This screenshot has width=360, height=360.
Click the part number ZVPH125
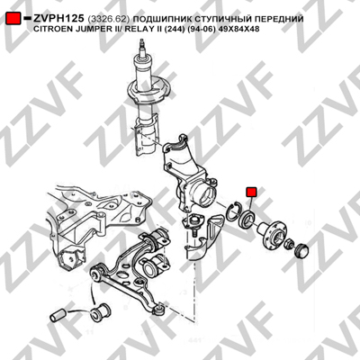[x=58, y=19]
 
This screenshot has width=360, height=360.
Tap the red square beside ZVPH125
[x=13, y=19]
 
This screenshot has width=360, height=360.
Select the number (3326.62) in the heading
[x=109, y=19]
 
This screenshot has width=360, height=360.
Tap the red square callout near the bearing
[x=251, y=192]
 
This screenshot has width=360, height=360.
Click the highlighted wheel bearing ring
[x=246, y=219]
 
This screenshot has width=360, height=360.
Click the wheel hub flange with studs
[x=272, y=234]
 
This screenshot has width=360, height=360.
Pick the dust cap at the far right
[x=301, y=250]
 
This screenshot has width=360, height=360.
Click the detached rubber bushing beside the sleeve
[x=101, y=313]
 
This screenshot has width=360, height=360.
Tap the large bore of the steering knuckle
[x=205, y=196]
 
